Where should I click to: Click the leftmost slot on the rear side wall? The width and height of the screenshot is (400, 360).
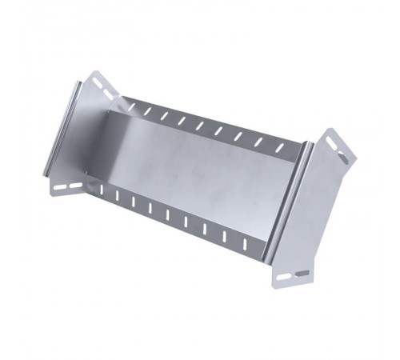(128, 104)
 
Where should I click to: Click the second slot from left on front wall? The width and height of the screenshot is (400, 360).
(117, 195)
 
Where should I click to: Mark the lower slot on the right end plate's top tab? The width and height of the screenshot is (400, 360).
(342, 158)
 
